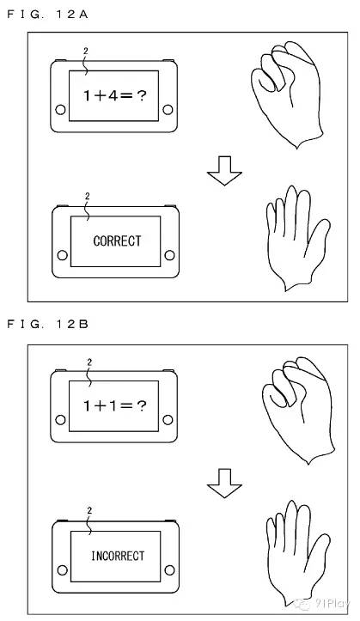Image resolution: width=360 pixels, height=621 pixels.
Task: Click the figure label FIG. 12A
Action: (47, 15)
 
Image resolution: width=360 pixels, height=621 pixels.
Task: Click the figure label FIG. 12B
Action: (47, 325)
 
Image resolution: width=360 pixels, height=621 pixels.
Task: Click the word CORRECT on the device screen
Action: (117, 240)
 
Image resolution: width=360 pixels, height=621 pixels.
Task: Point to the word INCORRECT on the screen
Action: (118, 556)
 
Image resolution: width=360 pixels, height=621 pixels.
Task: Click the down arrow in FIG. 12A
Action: (224, 171)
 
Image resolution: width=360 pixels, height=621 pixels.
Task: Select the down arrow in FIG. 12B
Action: (224, 484)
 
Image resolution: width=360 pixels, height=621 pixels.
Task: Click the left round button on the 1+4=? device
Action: (61, 110)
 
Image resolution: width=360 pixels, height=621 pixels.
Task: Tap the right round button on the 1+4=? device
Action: (168, 110)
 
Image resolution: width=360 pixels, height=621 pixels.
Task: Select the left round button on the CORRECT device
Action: (62, 255)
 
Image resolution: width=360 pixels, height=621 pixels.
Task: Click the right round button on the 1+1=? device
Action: (168, 420)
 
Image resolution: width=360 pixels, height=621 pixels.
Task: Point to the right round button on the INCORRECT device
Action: (169, 570)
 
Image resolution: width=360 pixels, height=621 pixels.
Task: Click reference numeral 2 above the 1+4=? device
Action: (86, 51)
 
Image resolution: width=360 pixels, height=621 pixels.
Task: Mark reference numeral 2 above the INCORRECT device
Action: (89, 511)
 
